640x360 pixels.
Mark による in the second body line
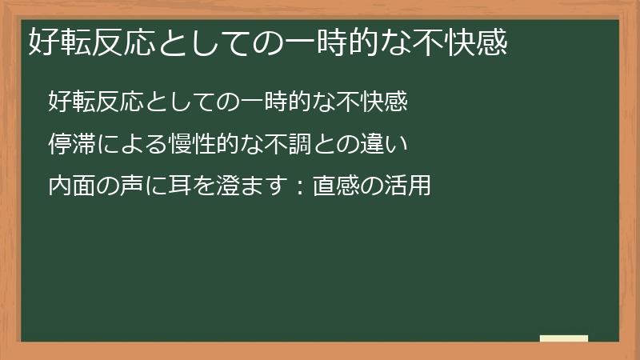131,145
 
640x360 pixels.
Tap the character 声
132,187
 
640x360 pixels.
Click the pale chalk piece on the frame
564,338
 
